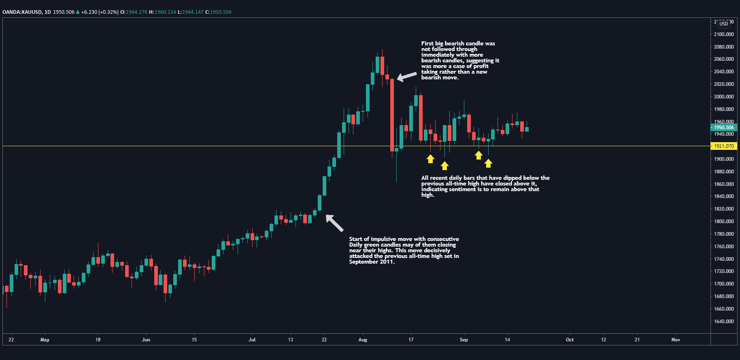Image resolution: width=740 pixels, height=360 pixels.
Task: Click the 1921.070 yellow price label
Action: click(724, 146)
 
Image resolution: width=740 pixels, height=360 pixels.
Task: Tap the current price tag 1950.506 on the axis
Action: click(724, 128)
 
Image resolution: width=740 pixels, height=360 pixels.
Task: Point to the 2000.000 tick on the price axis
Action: click(724, 97)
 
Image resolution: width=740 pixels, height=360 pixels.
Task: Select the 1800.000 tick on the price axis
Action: click(724, 222)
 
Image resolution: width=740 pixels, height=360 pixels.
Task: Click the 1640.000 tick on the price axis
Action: click(724, 322)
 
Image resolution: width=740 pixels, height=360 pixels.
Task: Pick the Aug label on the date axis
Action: click(363, 340)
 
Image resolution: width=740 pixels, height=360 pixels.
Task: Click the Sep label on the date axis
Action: click(464, 340)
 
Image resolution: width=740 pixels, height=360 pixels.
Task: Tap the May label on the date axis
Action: click(45, 340)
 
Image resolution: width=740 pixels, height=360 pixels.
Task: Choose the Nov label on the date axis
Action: click(676, 340)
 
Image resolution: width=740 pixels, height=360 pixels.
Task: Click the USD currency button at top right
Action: click(724, 23)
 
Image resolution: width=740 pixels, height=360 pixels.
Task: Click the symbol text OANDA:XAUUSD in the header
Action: click(22, 12)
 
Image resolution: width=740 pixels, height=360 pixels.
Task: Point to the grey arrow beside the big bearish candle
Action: click(406, 76)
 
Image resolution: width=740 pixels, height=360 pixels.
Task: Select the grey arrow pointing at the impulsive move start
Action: click(334, 223)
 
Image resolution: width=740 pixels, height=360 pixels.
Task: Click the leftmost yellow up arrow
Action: click(430, 159)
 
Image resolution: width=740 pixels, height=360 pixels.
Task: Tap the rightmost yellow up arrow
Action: click(489, 163)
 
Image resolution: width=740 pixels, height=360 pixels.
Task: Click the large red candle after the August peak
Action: click(392, 115)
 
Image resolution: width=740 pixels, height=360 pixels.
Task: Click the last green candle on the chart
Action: click(527, 130)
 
